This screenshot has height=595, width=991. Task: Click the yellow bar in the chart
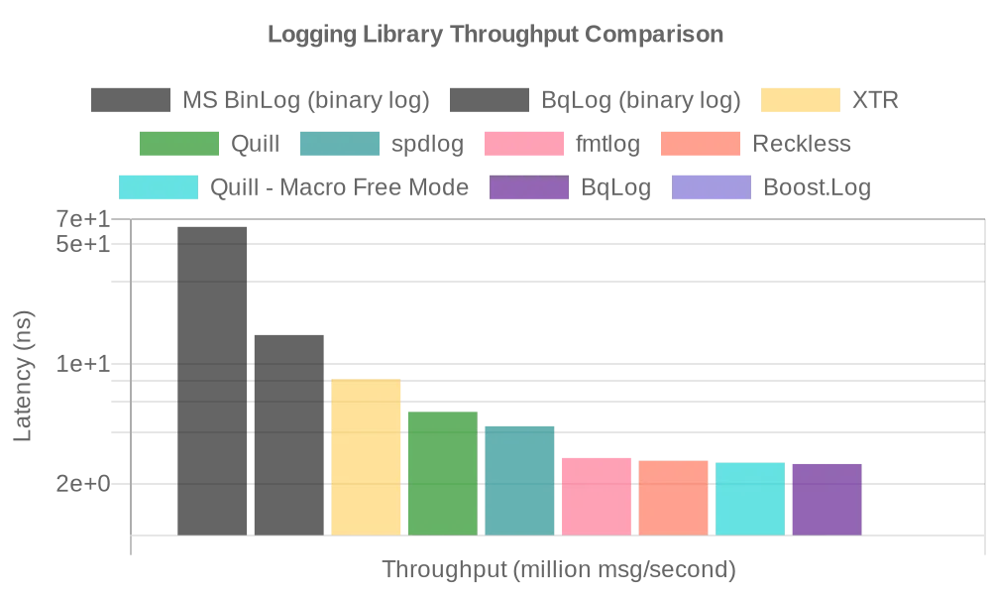point(366,457)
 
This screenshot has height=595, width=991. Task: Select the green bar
point(443,472)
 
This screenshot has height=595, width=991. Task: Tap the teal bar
point(519,479)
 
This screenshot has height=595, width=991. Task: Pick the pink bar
point(597,496)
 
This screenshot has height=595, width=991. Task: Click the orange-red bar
point(674,498)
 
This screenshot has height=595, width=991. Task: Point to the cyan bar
point(750,498)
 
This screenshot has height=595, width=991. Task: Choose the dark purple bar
point(826,498)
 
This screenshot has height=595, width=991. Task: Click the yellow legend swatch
point(801,101)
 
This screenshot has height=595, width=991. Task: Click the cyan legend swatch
point(159,188)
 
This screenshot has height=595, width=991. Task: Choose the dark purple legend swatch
point(527,188)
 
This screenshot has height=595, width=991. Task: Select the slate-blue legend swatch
point(712,188)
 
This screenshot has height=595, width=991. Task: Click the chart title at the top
point(495,37)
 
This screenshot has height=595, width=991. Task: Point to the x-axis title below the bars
point(560,568)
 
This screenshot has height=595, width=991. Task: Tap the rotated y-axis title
point(22,377)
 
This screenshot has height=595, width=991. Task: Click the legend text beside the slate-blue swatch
point(817,188)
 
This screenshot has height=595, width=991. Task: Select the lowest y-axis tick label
point(82,482)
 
